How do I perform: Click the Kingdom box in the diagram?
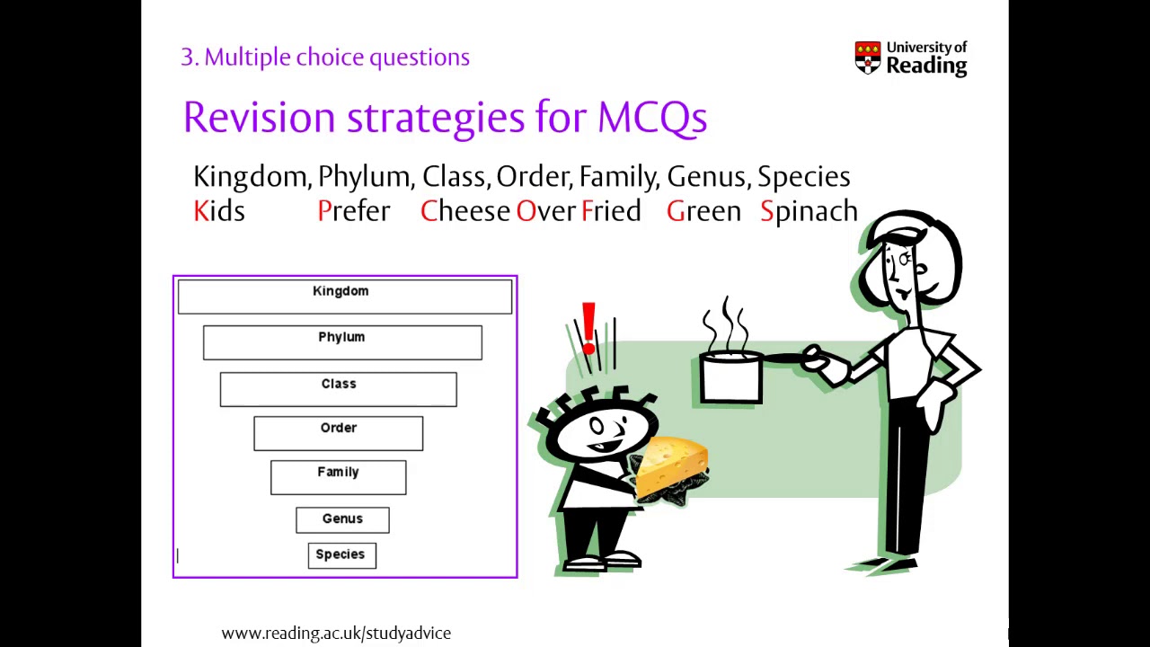pyautogui.click(x=345, y=297)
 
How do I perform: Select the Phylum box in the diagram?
pyautogui.click(x=342, y=342)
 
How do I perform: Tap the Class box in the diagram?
pyautogui.click(x=339, y=389)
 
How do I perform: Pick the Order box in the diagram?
pyautogui.click(x=339, y=433)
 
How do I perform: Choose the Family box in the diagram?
pyautogui.click(x=339, y=477)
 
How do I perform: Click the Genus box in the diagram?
pyautogui.click(x=342, y=520)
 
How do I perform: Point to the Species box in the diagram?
pyautogui.click(x=342, y=555)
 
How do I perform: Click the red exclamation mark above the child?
pyautogui.click(x=588, y=328)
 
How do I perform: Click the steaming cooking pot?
pyautogui.click(x=730, y=377)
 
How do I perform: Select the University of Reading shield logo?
pyautogui.click(x=868, y=58)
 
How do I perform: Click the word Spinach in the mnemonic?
pyautogui.click(x=809, y=211)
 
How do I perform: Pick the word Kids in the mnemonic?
pyautogui.click(x=219, y=211)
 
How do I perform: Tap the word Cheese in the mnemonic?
pyautogui.click(x=465, y=211)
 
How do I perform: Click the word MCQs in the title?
pyautogui.click(x=652, y=118)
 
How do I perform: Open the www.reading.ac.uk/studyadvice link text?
pyautogui.click(x=336, y=634)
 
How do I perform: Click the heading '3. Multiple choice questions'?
pyautogui.click(x=325, y=57)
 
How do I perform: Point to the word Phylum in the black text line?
pyautogui.click(x=366, y=177)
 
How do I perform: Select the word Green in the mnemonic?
pyautogui.click(x=703, y=211)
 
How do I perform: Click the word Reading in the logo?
pyautogui.click(x=926, y=66)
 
